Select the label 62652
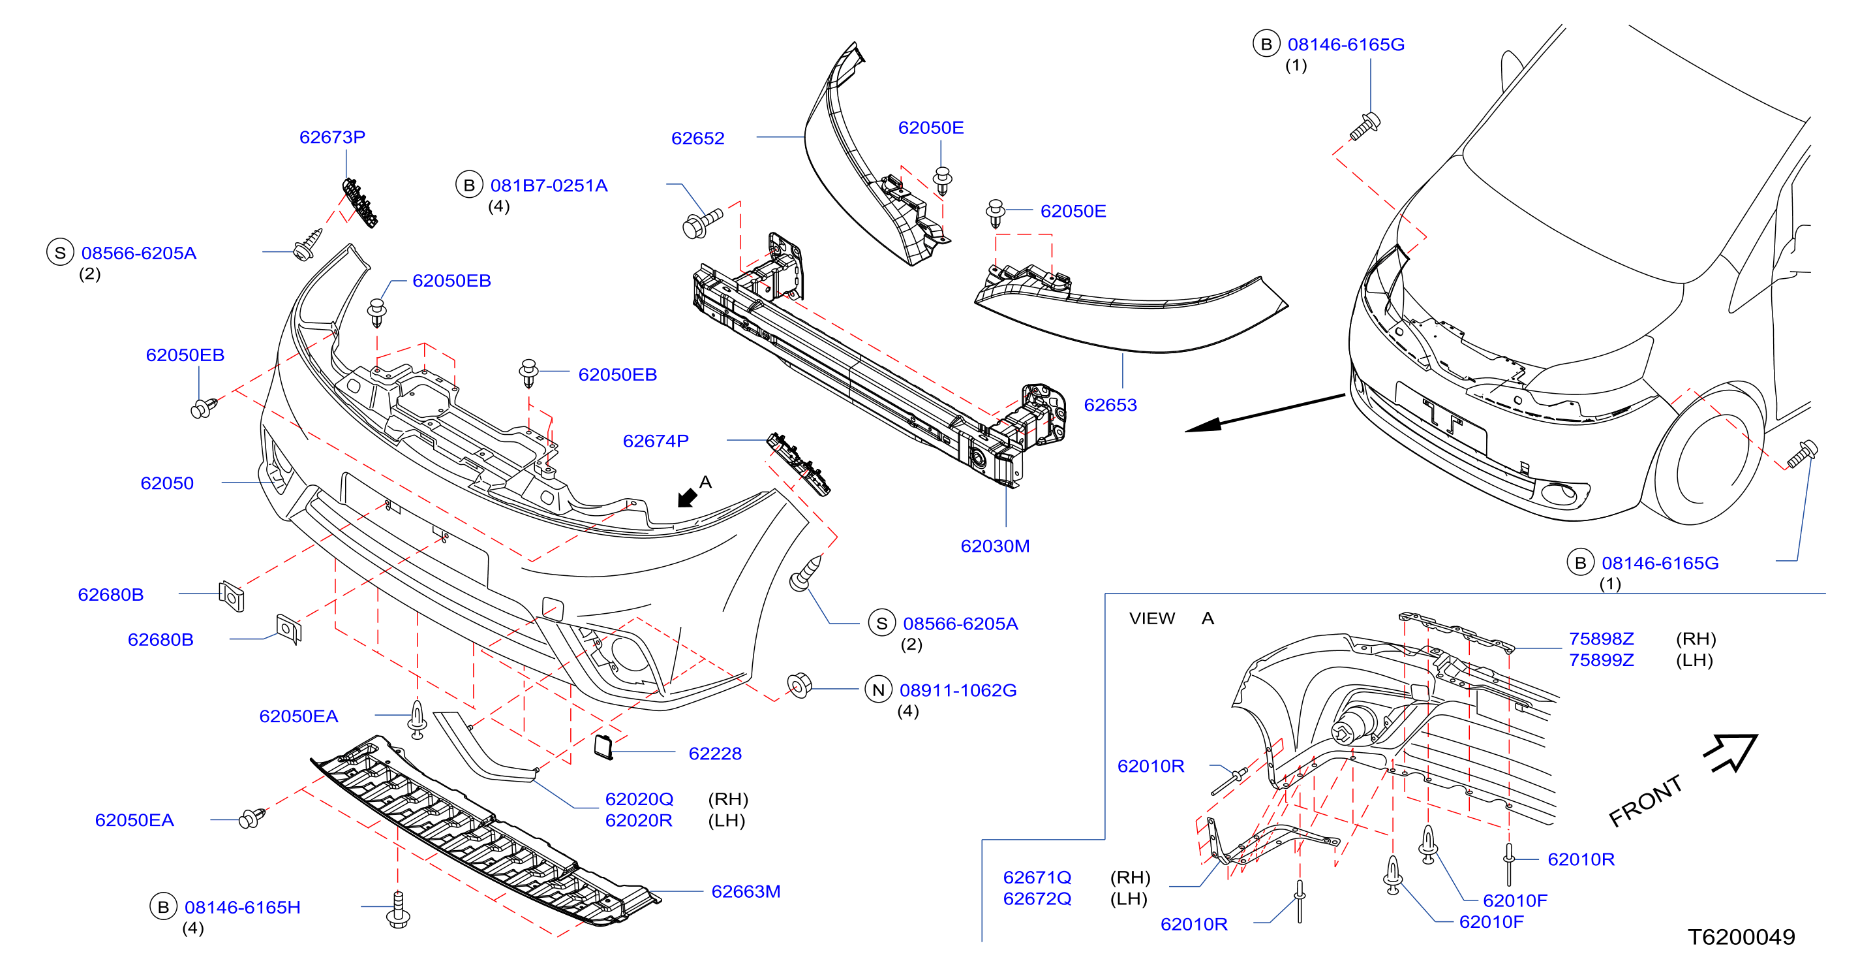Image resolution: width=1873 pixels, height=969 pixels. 697,138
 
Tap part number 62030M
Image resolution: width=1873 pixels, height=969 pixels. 995,546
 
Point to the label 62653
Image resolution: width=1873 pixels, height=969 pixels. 1110,405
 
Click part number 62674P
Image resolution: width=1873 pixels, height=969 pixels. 655,441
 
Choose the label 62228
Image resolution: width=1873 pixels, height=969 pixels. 715,754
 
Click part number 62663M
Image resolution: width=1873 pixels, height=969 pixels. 745,891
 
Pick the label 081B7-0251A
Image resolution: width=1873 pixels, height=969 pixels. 548,185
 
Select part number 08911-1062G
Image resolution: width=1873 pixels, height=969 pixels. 958,690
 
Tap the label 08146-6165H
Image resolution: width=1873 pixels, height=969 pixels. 242,907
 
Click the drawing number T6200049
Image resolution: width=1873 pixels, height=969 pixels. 1741,937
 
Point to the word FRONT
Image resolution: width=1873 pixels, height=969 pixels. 1645,801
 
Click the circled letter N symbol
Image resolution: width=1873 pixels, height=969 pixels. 878,690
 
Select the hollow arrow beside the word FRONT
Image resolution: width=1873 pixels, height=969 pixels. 1732,752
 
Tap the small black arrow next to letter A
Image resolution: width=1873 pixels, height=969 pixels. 686,498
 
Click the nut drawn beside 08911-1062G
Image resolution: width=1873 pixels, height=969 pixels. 799,685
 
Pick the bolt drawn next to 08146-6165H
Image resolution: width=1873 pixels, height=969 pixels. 398,910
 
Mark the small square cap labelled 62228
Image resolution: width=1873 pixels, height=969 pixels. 603,747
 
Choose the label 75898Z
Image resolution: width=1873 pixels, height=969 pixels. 1601,639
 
